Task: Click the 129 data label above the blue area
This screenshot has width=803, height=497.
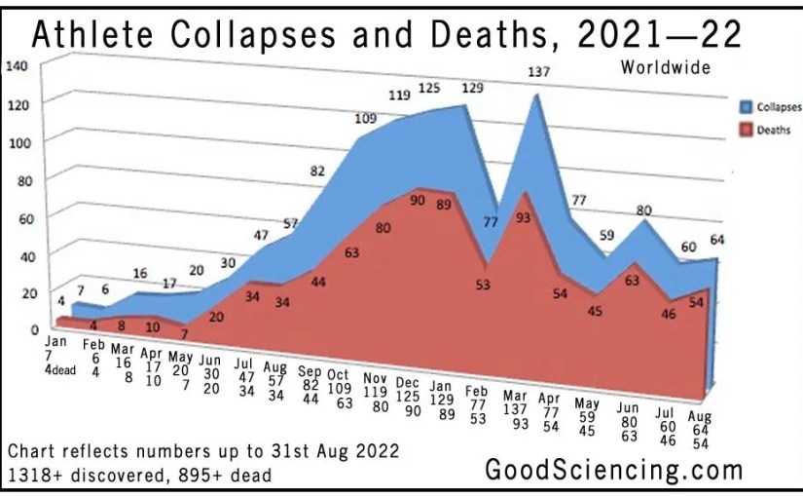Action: point(471,89)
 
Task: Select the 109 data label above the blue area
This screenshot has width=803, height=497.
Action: point(366,120)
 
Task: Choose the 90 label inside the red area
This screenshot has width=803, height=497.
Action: point(418,201)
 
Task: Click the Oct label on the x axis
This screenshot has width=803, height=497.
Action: point(338,375)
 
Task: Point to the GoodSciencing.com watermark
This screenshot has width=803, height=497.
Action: point(614,470)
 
